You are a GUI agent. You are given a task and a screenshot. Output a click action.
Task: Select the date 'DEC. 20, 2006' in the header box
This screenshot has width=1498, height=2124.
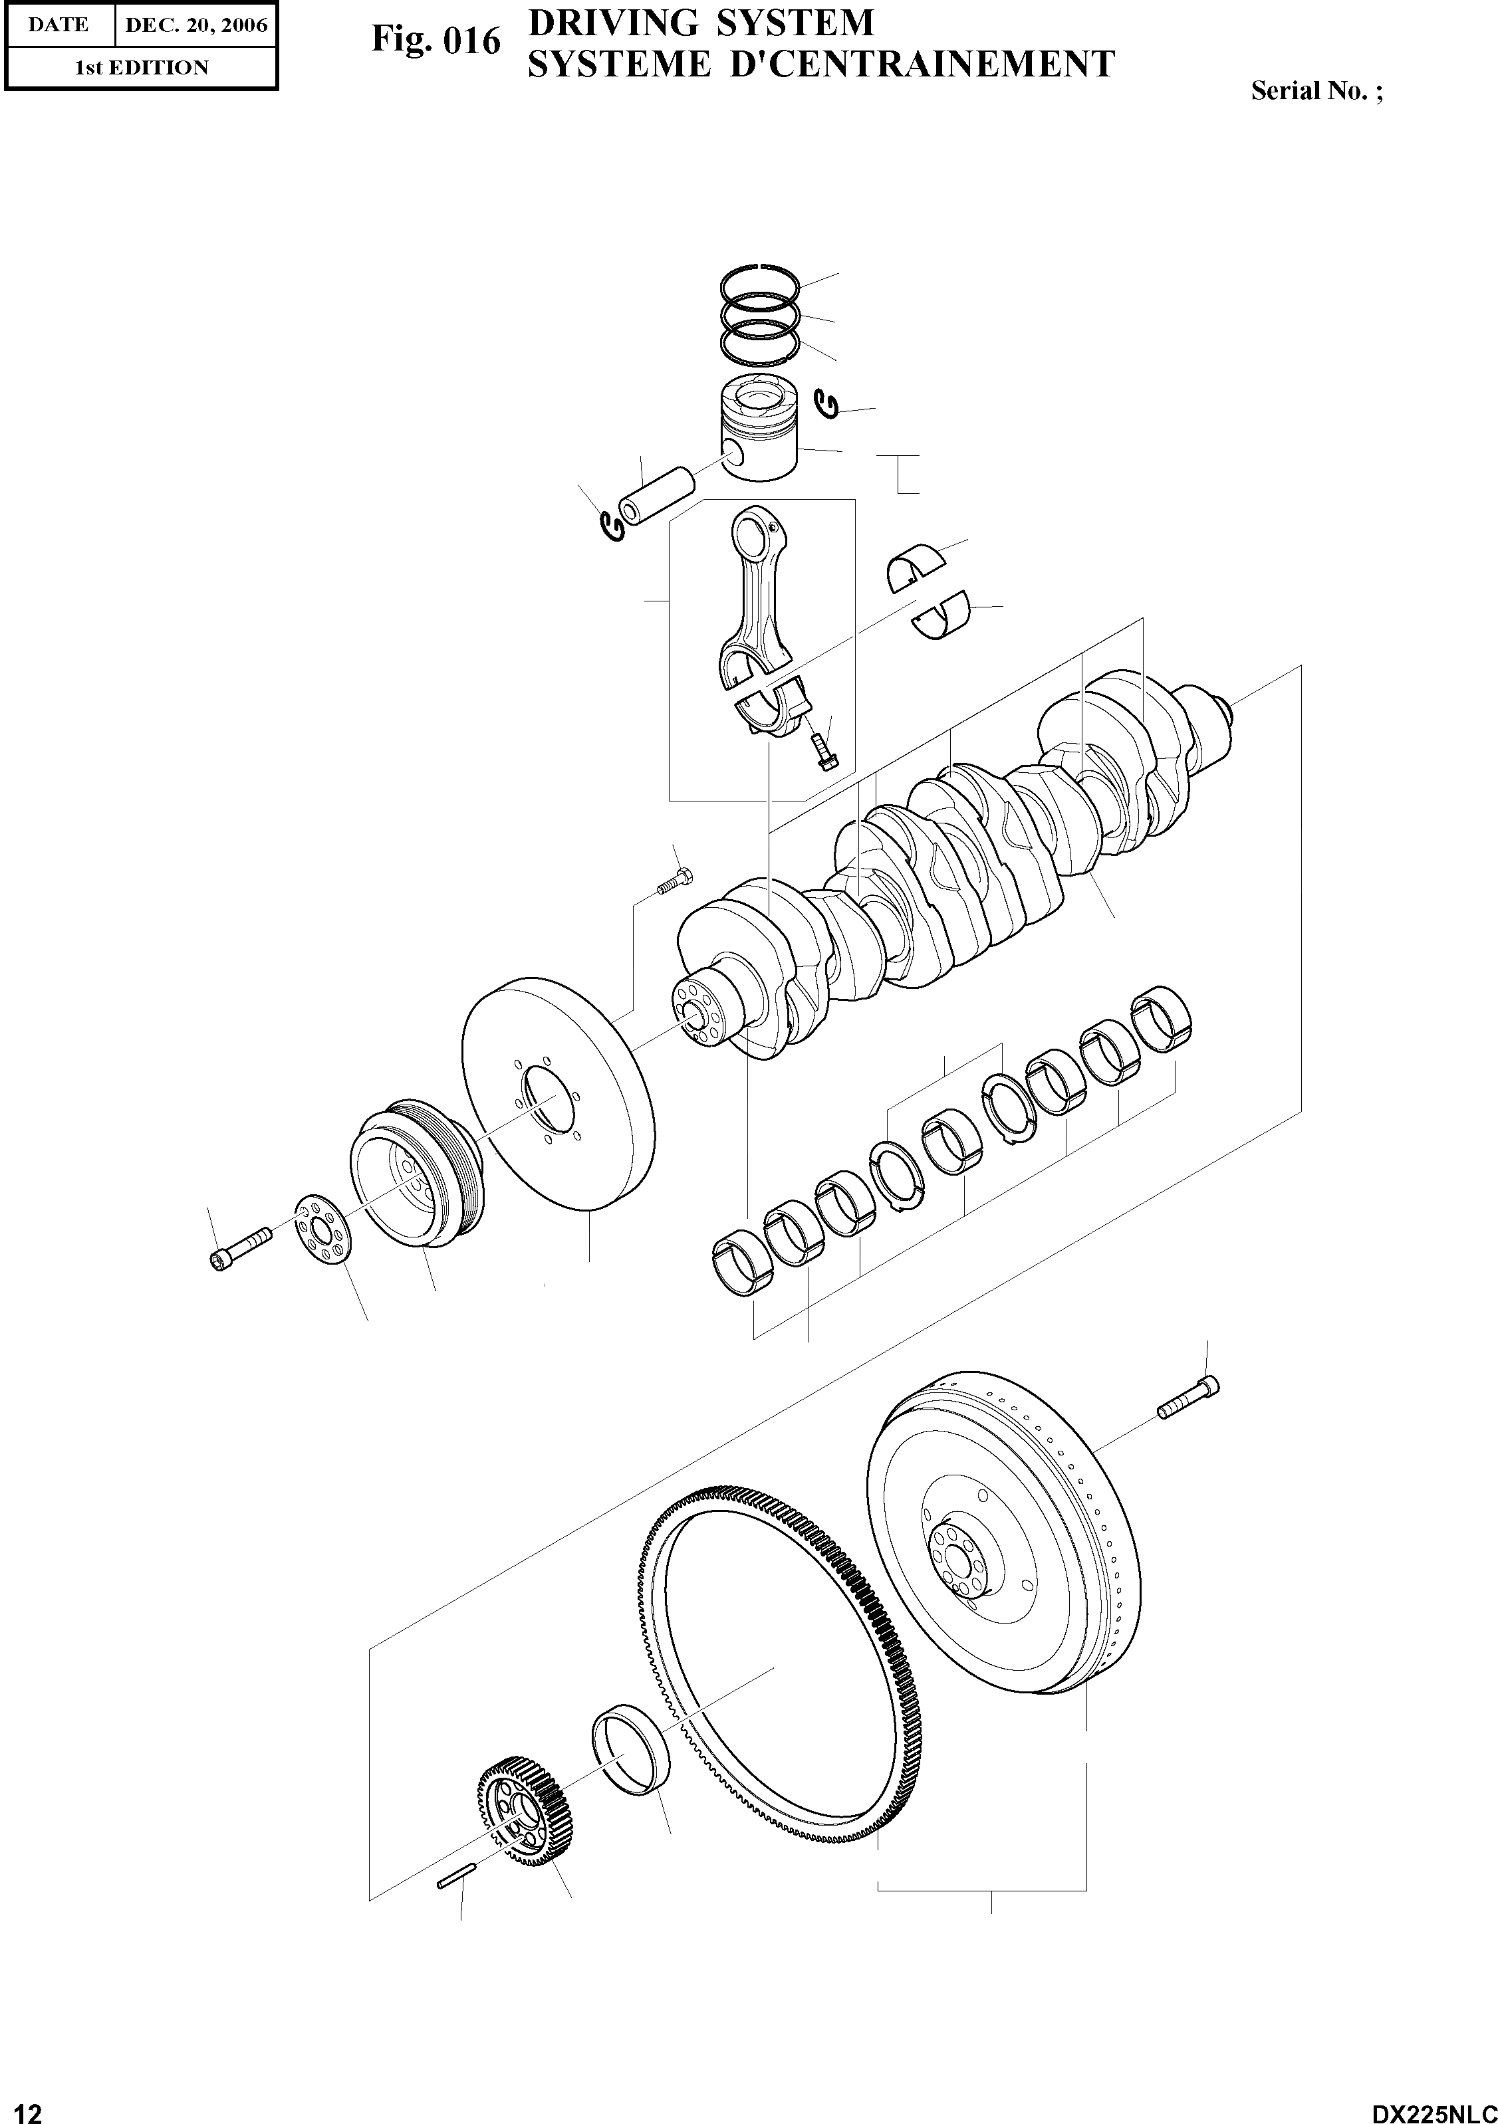tap(195, 25)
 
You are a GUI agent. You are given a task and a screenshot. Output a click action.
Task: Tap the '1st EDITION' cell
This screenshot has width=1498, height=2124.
tap(141, 68)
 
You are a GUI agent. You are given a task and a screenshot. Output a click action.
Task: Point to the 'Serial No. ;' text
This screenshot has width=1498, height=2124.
tap(1316, 90)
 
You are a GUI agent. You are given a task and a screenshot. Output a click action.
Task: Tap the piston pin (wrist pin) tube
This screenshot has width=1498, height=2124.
tap(656, 496)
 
